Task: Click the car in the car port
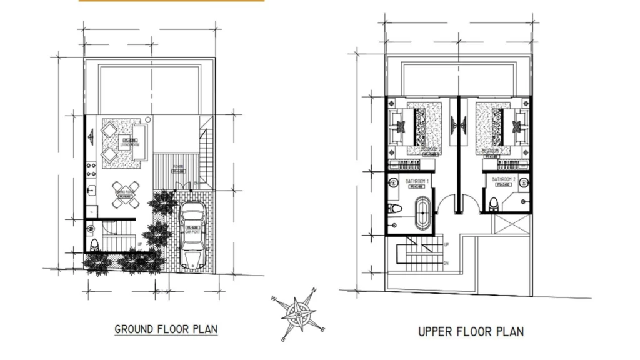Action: click(x=192, y=236)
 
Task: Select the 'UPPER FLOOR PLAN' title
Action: click(x=471, y=331)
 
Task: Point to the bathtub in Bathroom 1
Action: click(x=423, y=214)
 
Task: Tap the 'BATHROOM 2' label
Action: click(x=503, y=180)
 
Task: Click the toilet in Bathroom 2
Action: click(x=494, y=204)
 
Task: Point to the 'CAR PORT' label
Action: click(x=192, y=231)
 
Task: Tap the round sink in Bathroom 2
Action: click(x=524, y=184)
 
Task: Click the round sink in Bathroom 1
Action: click(x=393, y=184)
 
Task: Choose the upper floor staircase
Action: click(x=419, y=254)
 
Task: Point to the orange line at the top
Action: click(x=171, y=1)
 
